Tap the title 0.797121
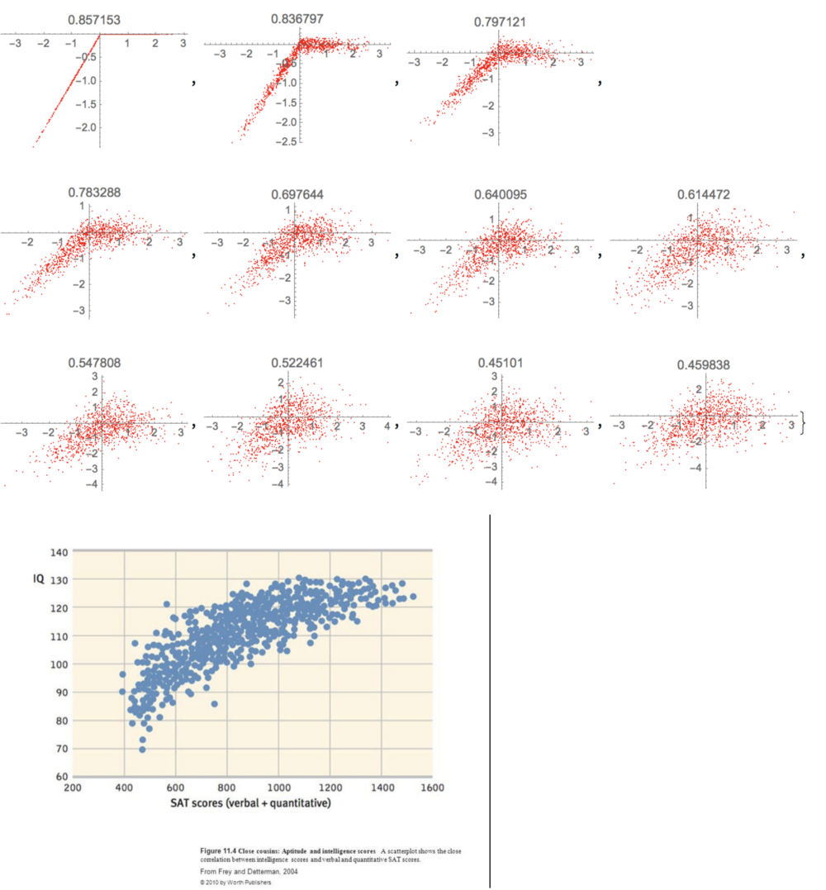point(501,22)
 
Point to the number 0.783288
point(94,193)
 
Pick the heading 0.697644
point(298,195)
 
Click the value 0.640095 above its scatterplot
point(501,195)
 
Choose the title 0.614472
point(705,195)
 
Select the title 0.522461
point(298,363)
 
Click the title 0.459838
point(705,364)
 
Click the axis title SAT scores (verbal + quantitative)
point(251,802)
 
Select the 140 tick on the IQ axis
point(58,552)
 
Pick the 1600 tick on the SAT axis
point(431,788)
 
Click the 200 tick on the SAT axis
point(73,788)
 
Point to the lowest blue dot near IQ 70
point(142,749)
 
